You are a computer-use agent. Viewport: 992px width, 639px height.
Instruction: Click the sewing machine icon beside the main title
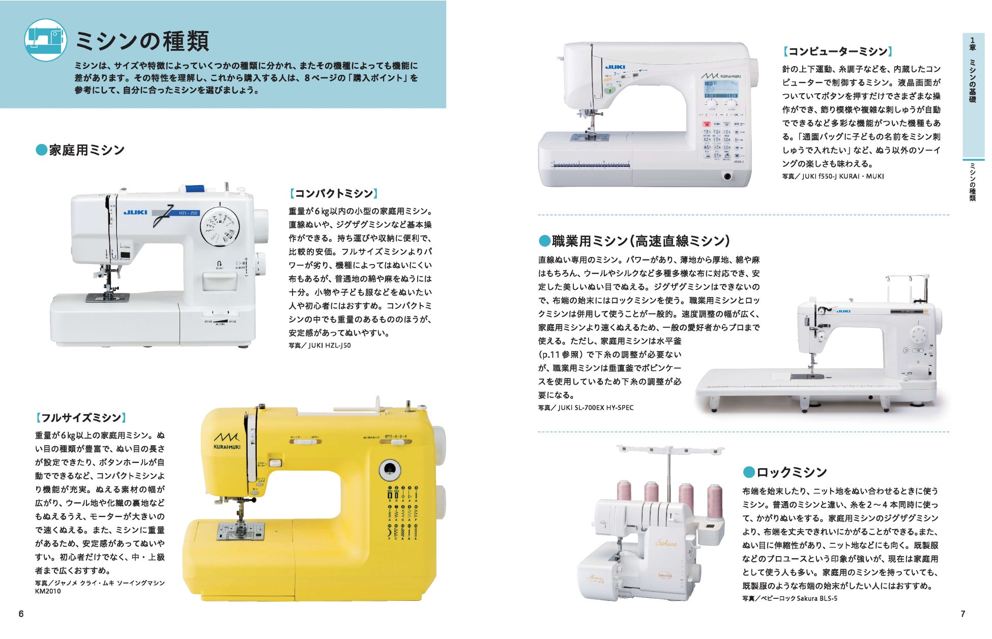(x=46, y=40)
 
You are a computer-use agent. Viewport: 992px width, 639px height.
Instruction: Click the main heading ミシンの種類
(x=142, y=41)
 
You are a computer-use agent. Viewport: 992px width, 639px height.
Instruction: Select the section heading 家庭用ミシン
(x=80, y=150)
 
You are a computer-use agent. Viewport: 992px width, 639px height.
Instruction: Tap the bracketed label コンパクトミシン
(x=334, y=193)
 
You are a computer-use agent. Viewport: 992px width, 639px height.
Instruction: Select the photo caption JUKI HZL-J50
(x=319, y=345)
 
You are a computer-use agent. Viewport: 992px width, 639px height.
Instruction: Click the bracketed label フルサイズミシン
(x=80, y=418)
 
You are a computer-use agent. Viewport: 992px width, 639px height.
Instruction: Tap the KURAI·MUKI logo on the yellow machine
(x=227, y=441)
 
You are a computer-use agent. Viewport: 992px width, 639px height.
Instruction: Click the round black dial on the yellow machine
(x=390, y=470)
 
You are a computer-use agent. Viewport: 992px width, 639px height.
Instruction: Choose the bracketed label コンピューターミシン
(x=837, y=51)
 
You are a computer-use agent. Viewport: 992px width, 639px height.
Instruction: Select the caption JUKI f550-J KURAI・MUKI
(x=833, y=177)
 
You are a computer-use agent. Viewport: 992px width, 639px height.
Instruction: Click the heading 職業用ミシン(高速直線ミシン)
(x=634, y=241)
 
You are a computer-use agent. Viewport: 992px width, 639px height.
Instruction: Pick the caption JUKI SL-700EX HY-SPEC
(x=586, y=408)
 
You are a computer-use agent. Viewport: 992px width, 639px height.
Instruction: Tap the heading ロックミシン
(x=785, y=472)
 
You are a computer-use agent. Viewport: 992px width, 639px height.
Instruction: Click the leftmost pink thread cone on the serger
(x=624, y=491)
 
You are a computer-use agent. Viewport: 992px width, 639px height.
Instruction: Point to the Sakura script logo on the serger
(x=666, y=543)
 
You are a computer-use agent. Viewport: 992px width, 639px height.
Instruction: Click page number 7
(x=962, y=614)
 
